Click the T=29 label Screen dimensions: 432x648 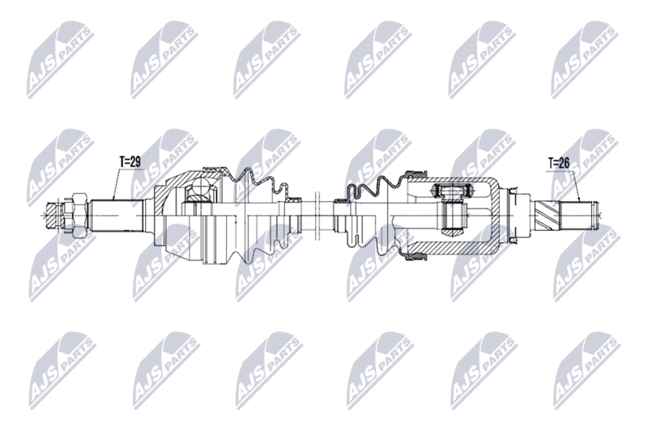[x=130, y=162]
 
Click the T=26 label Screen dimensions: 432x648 [x=559, y=164]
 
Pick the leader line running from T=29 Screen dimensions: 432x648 [x=117, y=183]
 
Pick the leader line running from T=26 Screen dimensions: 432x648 [x=578, y=185]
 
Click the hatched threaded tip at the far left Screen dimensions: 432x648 [x=55, y=215]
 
